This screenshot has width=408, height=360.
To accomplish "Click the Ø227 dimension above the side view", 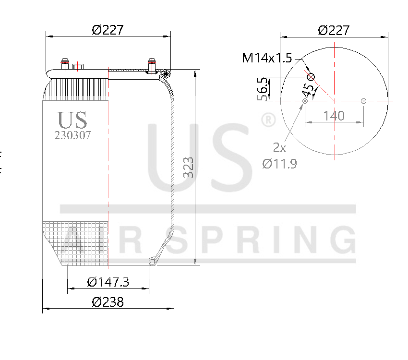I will [x=108, y=30].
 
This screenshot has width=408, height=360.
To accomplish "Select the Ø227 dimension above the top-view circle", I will [x=334, y=30].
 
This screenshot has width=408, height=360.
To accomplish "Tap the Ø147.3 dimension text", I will [x=108, y=282].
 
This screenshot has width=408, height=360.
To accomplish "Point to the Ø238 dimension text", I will [x=108, y=302].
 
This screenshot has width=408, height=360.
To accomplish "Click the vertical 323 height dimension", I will [x=189, y=168].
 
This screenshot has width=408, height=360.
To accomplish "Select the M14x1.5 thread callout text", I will [x=267, y=58].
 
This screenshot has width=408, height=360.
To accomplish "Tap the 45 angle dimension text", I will [x=309, y=90].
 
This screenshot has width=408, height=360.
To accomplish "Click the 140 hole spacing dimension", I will [x=334, y=116].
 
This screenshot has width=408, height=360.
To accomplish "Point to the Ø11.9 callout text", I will [x=279, y=164].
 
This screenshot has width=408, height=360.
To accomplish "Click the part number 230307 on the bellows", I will [x=72, y=135].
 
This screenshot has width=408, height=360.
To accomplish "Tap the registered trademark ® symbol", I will [x=267, y=120].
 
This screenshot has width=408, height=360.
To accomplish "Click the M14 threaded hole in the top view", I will [x=311, y=77].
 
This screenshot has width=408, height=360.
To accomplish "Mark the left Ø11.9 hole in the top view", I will [x=305, y=101].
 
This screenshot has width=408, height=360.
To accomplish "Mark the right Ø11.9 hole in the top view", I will [x=363, y=101].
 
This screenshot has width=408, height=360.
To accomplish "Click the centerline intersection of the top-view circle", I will [x=334, y=101].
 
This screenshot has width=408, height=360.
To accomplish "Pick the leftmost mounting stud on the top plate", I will [x=64, y=64].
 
